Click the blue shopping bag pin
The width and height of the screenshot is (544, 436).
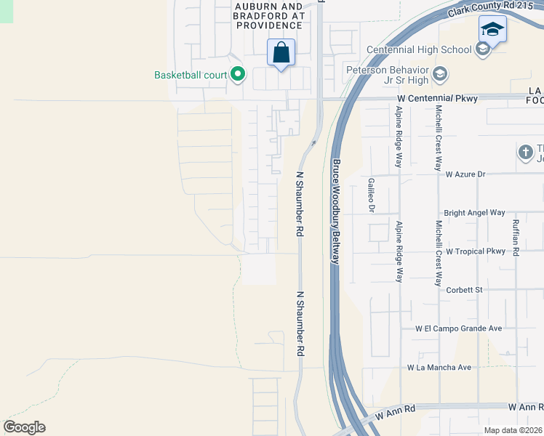pos(281,53)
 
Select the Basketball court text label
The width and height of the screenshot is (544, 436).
pos(190,75)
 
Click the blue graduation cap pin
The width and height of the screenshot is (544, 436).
pos(492,31)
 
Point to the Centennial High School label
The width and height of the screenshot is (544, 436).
pos(419,49)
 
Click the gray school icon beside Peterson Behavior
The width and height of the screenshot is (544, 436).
pos(439,74)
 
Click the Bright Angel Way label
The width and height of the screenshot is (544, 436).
pos(473,213)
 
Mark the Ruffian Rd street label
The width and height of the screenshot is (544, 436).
pos(515,238)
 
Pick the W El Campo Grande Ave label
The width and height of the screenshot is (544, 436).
pos(459,328)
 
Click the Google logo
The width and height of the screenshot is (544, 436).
pos(24,427)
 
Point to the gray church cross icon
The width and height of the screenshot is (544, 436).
pos(525,152)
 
